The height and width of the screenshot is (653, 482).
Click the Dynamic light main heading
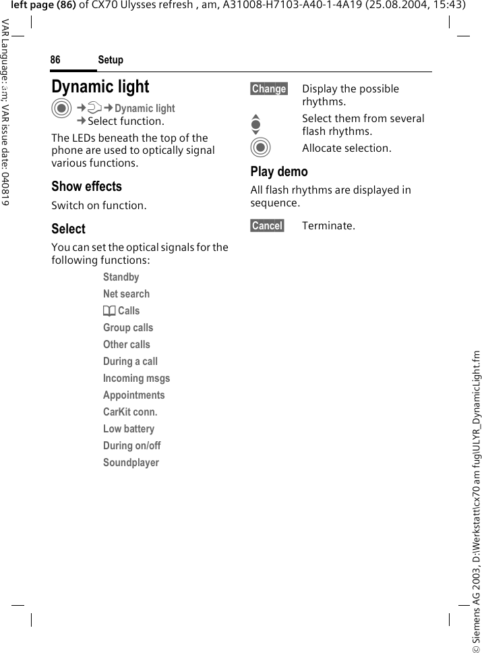(x=100, y=87)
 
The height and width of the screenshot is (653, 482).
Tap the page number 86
(x=55, y=60)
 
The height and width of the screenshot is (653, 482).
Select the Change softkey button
(x=269, y=89)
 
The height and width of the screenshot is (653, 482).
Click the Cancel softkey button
(x=267, y=225)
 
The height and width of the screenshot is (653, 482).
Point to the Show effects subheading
(x=86, y=186)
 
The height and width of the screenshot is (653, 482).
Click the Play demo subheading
(x=279, y=171)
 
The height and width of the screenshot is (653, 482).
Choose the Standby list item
(x=121, y=277)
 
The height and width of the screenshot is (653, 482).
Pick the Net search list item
(x=126, y=294)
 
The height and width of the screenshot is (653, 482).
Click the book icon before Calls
(x=109, y=311)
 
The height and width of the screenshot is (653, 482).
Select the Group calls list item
(x=128, y=328)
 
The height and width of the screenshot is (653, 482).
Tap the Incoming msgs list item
(x=136, y=378)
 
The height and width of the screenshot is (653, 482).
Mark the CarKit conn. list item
(x=130, y=412)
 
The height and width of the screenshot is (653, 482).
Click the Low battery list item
(x=128, y=429)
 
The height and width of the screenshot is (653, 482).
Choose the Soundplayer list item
(x=131, y=463)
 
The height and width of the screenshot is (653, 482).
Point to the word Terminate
(x=328, y=225)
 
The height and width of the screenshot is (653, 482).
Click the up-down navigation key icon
(x=255, y=125)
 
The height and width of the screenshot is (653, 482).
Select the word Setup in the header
(x=111, y=60)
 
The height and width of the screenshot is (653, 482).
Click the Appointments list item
(x=133, y=395)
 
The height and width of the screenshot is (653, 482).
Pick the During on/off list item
(x=131, y=446)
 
